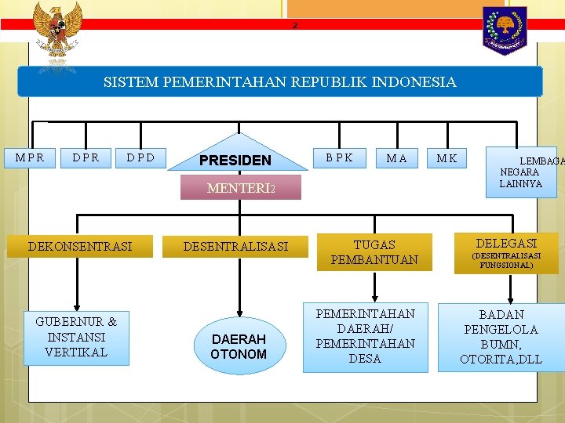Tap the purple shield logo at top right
pos(504,30)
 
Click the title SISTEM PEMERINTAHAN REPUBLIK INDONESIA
pos(279,81)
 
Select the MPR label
pos(30,157)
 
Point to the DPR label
pos(86,157)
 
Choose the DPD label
pos(140,157)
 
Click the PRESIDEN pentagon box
pos(235,160)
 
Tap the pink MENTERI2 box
pos(241,188)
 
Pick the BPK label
pos(340,157)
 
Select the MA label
pos(397,158)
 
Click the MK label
pos(447,158)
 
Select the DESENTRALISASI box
pos(235,246)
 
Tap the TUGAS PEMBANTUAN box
pos(374,251)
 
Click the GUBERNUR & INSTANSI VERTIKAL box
pos(76,337)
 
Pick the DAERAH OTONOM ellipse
pos(238,346)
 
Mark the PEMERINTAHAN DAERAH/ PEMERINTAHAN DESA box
pos(365,336)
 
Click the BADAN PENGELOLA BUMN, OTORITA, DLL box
pos(501,337)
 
